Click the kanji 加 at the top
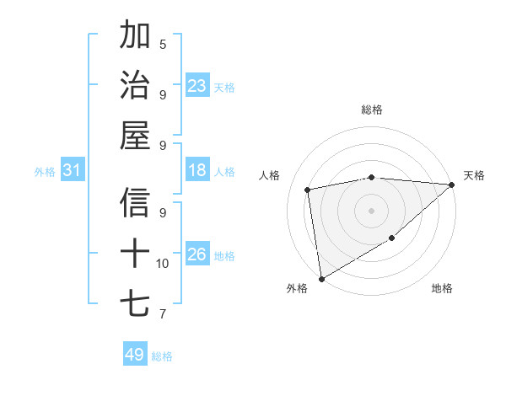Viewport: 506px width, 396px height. click(x=135, y=35)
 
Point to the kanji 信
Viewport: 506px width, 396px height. click(x=135, y=202)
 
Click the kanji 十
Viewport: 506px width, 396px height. click(x=135, y=253)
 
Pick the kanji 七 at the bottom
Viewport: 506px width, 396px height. click(x=135, y=303)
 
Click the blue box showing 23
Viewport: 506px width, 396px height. click(x=197, y=85)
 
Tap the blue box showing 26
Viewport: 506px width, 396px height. click(x=197, y=254)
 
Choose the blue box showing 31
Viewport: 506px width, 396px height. click(x=73, y=171)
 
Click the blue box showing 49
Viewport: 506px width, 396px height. click(x=135, y=355)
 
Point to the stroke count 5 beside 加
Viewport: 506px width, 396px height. click(x=163, y=45)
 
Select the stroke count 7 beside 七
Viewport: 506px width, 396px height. click(x=163, y=314)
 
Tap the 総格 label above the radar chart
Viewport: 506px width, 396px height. click(x=372, y=110)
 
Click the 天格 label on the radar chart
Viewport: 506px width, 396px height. click(x=474, y=175)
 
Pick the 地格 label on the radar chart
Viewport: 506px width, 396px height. click(x=442, y=288)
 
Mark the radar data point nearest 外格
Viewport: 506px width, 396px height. click(x=321, y=279)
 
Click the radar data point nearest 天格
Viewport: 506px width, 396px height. click(x=452, y=185)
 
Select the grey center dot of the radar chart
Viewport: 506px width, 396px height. click(x=371, y=211)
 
